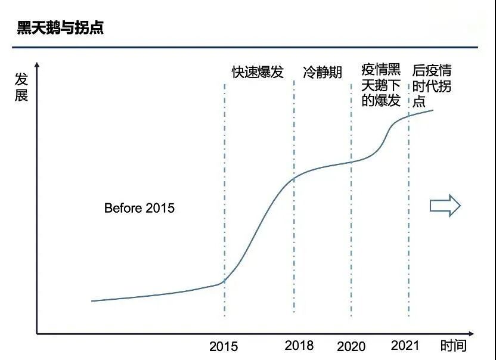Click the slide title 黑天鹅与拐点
click(60, 28)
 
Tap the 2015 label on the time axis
click(224, 346)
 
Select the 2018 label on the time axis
click(299, 345)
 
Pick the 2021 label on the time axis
click(405, 345)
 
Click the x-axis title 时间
click(454, 345)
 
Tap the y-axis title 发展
click(21, 87)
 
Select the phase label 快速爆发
click(258, 73)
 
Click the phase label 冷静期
click(323, 73)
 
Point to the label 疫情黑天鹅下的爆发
click(382, 85)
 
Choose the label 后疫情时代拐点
click(432, 85)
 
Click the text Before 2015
click(139, 208)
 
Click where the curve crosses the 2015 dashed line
click(225, 281)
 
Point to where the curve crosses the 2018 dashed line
click(294, 177)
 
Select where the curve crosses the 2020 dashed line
click(351, 162)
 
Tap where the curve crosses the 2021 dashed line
click(408, 116)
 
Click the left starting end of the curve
click(92, 301)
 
